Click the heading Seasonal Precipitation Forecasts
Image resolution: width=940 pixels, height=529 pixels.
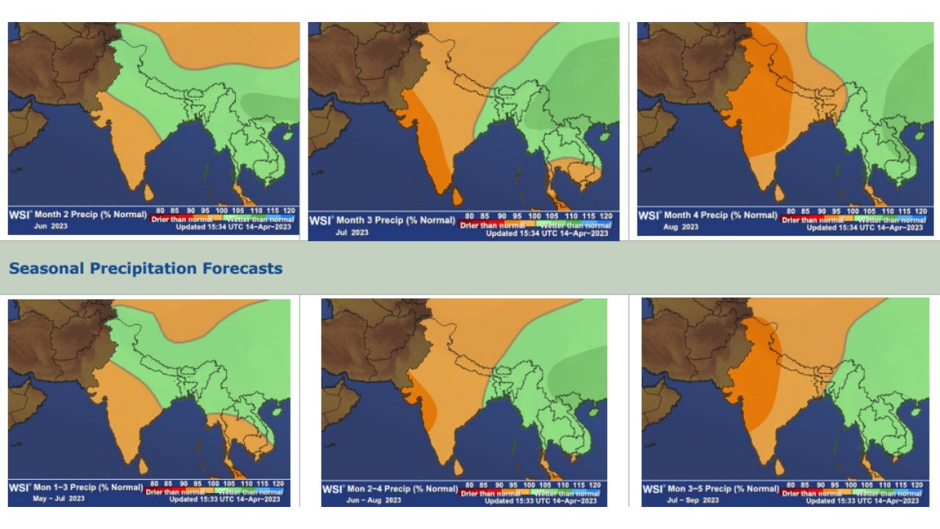pos(145,268)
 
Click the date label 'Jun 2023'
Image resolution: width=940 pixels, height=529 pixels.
pos(51,226)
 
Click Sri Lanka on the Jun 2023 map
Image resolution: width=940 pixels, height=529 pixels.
pos(148,192)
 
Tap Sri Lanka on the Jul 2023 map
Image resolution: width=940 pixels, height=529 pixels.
pos(457,197)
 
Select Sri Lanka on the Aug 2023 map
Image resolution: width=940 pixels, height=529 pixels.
pos(779,193)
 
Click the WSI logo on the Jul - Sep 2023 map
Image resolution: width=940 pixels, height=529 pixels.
pos(653,489)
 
